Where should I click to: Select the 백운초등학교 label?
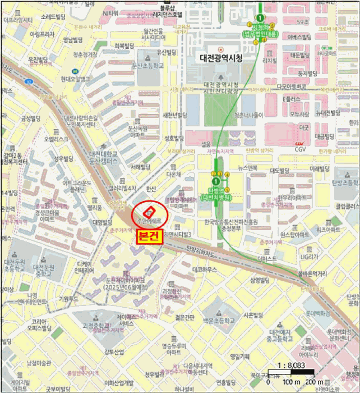pos(216,320)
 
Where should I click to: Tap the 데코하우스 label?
pos(205,269)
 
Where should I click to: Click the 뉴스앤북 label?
pos(247,167)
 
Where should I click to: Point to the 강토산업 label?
pos(113,352)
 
